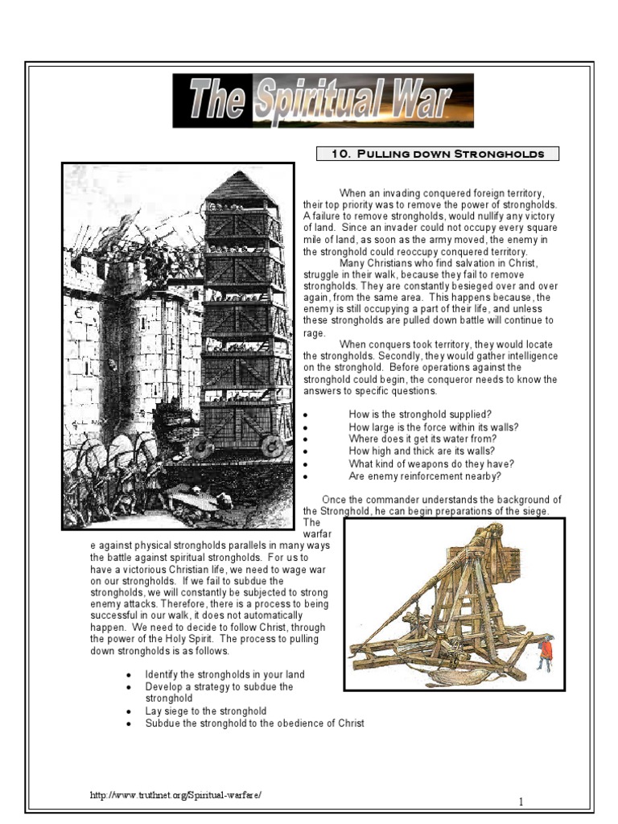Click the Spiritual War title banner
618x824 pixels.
(x=323, y=101)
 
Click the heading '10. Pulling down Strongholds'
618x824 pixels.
(x=438, y=154)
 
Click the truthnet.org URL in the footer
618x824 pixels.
(x=176, y=795)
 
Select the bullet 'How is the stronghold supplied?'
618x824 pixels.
(x=415, y=414)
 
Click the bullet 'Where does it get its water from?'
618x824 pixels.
(x=422, y=439)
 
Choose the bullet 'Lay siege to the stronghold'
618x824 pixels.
(x=205, y=711)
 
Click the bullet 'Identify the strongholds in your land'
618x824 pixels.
(x=225, y=674)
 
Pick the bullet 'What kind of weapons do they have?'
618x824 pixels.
(x=431, y=463)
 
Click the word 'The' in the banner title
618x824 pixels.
(x=217, y=101)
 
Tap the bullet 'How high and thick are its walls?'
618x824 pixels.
(x=422, y=451)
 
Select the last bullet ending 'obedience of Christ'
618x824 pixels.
(x=254, y=723)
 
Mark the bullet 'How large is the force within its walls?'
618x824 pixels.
(x=433, y=426)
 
